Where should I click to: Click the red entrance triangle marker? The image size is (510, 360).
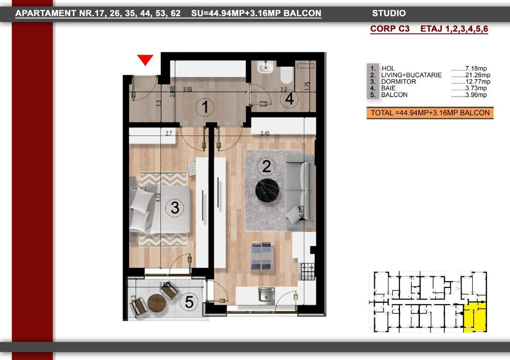(x=145, y=60)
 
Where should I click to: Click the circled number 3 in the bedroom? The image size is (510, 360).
(x=174, y=208)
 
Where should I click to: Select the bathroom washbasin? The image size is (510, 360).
(x=266, y=67)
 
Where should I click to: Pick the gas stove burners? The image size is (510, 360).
(x=307, y=271)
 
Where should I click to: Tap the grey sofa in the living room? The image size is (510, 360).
(x=300, y=189)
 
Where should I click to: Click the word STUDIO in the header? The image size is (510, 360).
(x=388, y=13)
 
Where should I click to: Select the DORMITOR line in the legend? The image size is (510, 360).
(x=398, y=82)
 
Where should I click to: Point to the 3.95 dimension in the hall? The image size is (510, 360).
(x=187, y=90)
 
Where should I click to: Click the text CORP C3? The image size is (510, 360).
(x=389, y=29)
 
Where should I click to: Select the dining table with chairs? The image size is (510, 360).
(x=261, y=256)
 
